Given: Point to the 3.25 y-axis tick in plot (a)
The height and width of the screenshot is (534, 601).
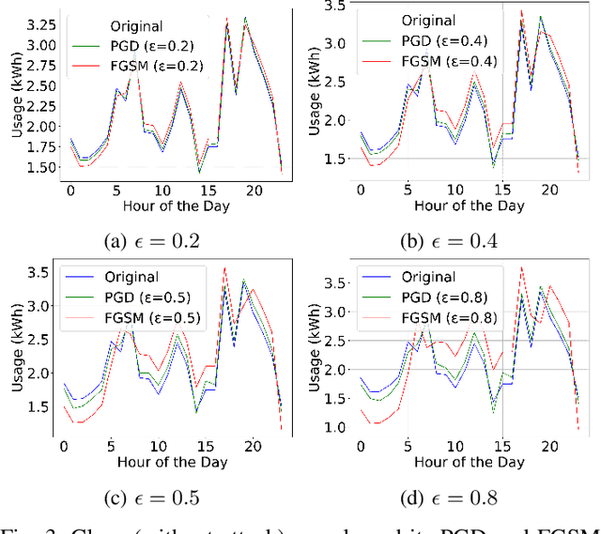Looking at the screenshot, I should click(39, 19).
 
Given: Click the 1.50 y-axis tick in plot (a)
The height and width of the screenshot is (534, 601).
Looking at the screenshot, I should click(39, 167).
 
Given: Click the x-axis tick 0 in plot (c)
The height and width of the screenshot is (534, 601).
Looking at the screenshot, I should click(64, 447).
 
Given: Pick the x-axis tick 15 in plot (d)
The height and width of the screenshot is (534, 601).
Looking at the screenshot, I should click(502, 447).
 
